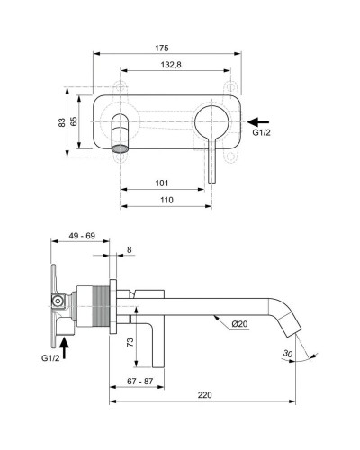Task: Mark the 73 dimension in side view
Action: pos(130,341)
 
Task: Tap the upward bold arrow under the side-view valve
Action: pos(63,339)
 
